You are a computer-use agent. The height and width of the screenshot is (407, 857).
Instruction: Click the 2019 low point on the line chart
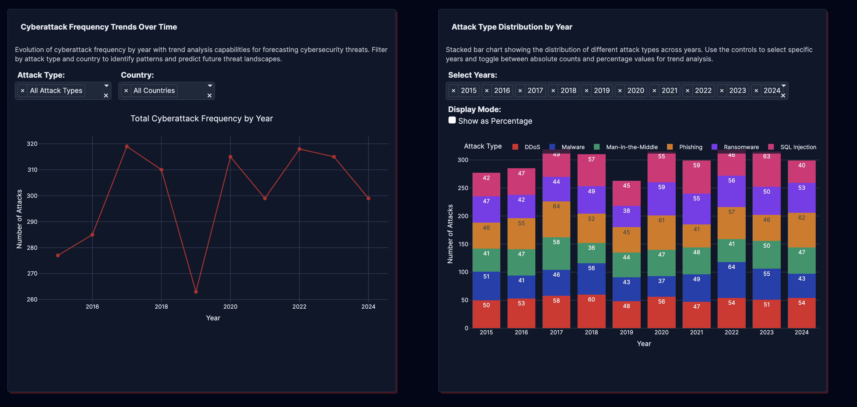click(196, 292)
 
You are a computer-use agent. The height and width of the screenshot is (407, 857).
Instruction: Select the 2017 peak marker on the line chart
click(127, 146)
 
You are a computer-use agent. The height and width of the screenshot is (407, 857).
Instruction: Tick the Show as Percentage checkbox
click(452, 120)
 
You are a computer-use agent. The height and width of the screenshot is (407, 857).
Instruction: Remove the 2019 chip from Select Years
click(586, 91)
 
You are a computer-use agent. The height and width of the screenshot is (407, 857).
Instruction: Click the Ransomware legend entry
click(741, 147)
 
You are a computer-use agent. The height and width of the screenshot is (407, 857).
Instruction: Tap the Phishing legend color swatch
click(670, 147)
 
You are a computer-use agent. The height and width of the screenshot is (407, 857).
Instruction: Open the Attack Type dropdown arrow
click(107, 86)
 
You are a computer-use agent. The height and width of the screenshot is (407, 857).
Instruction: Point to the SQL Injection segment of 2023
click(767, 170)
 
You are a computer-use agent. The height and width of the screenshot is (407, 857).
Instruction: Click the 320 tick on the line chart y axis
click(32, 144)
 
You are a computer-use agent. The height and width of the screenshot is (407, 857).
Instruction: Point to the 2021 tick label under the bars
click(696, 332)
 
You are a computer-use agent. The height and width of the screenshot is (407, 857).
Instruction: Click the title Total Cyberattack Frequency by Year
click(201, 119)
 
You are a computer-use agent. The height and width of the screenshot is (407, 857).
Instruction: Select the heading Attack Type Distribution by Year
click(512, 27)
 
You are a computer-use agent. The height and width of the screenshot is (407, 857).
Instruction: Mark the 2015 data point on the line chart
click(58, 255)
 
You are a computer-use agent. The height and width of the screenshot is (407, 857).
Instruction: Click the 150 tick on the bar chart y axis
click(463, 244)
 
